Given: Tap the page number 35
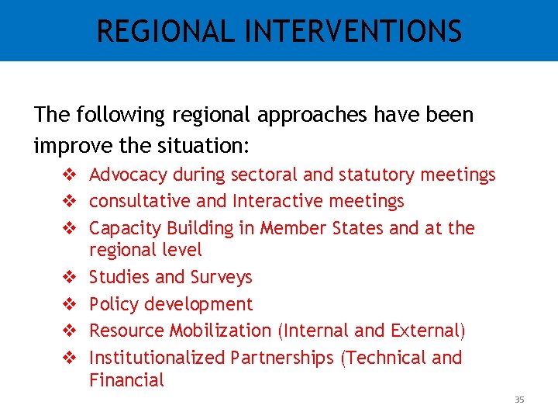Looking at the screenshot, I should click(x=519, y=400).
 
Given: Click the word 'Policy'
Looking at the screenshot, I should click(x=112, y=304).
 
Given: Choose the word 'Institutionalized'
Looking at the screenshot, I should click(x=157, y=358).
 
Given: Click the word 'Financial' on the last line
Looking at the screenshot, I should click(x=127, y=380).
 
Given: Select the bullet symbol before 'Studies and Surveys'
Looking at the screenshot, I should click(x=67, y=277).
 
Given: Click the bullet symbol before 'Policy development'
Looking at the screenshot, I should click(x=67, y=304).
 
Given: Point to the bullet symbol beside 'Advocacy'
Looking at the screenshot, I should click(x=67, y=175).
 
